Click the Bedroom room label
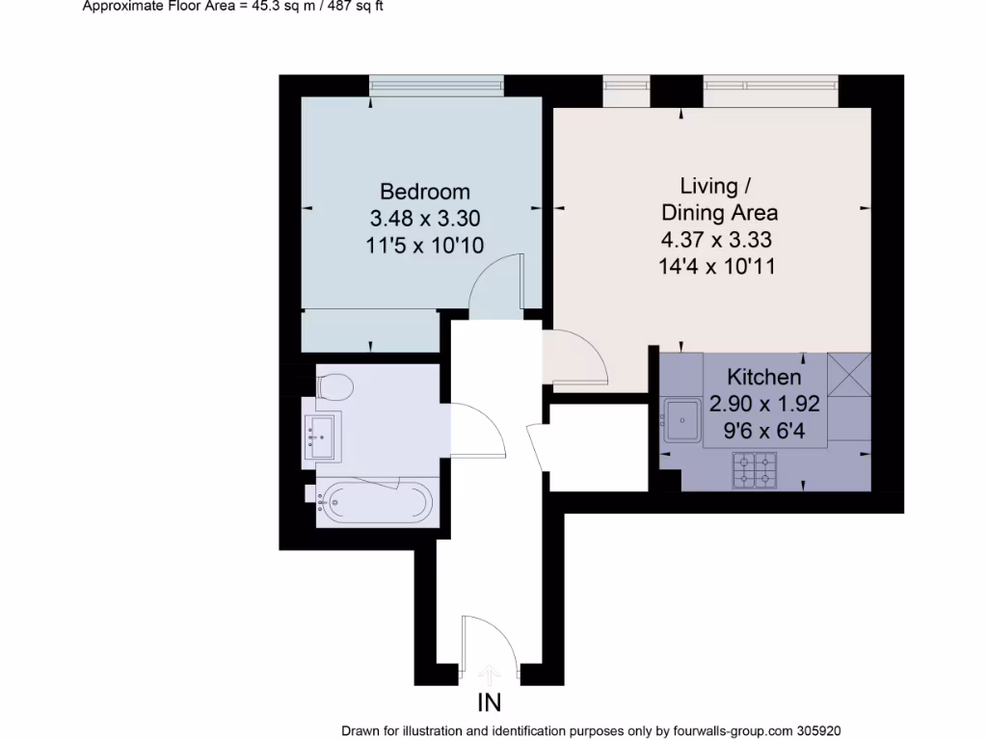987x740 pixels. [424, 191]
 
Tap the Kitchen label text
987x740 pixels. [763, 377]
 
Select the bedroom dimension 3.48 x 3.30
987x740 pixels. [424, 219]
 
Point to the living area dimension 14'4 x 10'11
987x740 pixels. [716, 266]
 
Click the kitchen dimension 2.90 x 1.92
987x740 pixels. [763, 405]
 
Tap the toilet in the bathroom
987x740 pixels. [334, 387]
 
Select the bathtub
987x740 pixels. [376, 501]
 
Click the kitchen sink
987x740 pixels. [682, 418]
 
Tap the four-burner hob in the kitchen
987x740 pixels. [754, 468]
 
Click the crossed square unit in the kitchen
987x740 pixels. [849, 374]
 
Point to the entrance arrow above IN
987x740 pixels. [489, 673]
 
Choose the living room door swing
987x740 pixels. [576, 357]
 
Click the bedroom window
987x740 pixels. [437, 87]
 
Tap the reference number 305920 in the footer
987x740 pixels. [826, 731]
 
